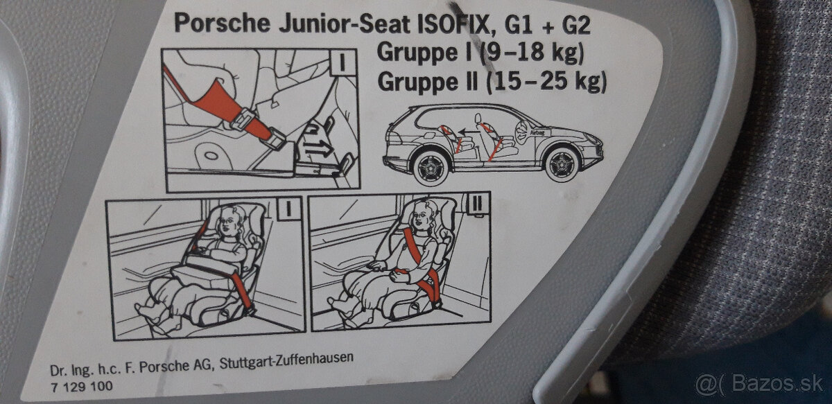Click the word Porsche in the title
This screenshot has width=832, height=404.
pos(222,23)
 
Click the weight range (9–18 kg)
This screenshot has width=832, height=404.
pos(532,53)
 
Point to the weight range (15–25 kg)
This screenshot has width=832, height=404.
pos(546,81)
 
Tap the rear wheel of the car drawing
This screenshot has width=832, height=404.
pos(431,168)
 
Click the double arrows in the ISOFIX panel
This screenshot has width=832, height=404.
pos(318,148)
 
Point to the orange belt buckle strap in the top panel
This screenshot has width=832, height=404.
pos(227,107)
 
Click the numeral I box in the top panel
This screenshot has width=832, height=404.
pos(342,62)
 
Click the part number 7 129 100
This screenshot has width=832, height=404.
pos(81,387)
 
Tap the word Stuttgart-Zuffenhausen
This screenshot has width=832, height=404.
pos(286,360)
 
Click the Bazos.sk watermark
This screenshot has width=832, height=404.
pos(761,385)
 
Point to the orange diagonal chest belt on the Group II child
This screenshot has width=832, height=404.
pos(413,246)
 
